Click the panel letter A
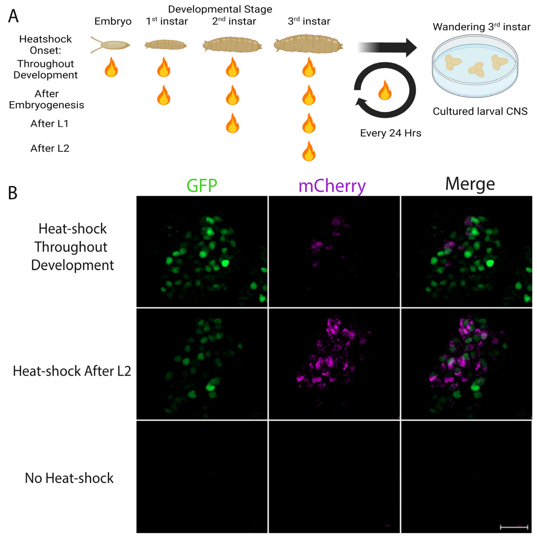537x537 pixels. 13,16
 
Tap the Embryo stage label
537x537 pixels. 113,21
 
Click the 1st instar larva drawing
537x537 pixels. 165,44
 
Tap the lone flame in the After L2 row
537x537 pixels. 309,151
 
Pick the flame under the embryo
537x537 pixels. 111,68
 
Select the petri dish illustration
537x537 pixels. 475,66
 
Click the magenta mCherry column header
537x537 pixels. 332,186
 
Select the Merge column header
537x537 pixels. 470,184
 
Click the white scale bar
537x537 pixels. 514,527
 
